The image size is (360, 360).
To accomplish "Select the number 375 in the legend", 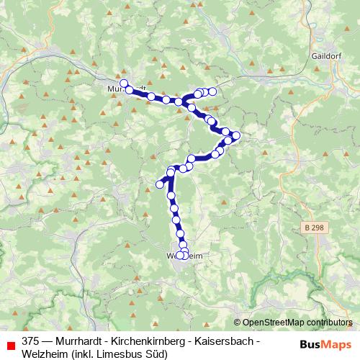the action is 31,341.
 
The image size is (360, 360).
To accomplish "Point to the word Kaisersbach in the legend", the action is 224,341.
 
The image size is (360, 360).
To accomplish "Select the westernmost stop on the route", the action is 123,83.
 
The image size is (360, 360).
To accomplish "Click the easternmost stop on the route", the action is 236,135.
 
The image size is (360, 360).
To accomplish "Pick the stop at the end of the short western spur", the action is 160,184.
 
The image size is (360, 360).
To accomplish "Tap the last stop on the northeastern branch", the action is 212,91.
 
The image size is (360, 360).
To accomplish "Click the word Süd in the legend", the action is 156,354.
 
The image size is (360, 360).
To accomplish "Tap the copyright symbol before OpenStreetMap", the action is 237,323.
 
